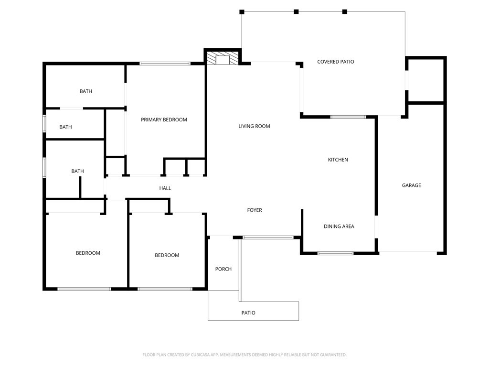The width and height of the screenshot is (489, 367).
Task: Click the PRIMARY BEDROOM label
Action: point(164,119)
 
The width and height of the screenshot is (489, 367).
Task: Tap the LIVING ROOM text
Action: point(254,126)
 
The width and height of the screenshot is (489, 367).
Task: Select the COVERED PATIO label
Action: point(335,62)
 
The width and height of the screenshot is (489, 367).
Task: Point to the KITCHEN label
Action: point(338,160)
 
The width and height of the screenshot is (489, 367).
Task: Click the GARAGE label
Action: point(411,185)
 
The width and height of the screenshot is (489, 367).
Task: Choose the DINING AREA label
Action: point(339,227)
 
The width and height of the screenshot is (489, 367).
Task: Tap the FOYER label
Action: point(254,210)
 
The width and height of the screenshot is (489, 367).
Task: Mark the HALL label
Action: point(165,188)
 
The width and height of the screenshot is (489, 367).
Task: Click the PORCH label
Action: point(223,269)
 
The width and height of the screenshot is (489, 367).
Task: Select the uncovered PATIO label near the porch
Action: point(248,313)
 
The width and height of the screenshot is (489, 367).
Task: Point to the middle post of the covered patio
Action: point(296,11)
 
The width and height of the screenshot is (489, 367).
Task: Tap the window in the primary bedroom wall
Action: point(165,63)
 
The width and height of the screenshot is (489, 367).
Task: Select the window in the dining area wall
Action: point(335,253)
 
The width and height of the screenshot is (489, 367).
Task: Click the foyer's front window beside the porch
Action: point(267,237)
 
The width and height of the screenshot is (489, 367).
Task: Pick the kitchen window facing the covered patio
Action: point(348,117)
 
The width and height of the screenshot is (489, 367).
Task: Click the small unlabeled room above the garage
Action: point(425,80)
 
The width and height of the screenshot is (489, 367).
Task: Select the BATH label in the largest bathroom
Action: point(86,91)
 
